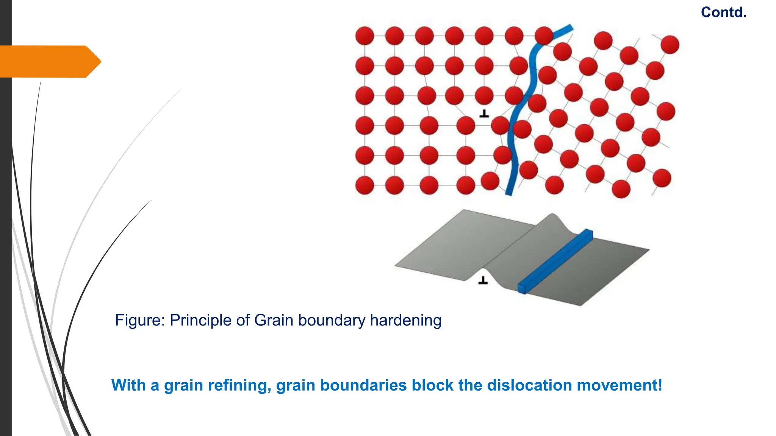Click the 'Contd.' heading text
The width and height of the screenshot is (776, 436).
(x=724, y=12)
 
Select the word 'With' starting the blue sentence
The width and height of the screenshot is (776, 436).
(x=128, y=385)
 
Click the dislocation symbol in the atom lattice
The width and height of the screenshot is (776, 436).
(x=484, y=113)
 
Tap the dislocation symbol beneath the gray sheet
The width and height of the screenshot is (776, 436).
(x=483, y=280)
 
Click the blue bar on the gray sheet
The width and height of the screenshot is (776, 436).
(x=555, y=261)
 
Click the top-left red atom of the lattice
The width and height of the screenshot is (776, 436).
(x=365, y=36)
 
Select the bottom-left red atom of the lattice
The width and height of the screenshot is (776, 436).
(x=365, y=185)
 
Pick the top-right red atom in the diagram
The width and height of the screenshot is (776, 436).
(x=670, y=45)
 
